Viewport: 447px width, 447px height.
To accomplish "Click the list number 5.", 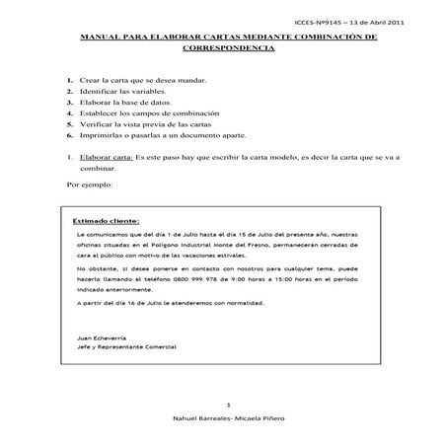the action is click(69, 125).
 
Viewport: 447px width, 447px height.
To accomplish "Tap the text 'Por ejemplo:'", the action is click(90, 185).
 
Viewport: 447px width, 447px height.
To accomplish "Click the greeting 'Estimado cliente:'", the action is click(106, 222).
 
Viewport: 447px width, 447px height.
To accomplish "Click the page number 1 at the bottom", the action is click(228, 405).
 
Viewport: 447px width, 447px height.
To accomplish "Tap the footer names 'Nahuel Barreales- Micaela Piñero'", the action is click(228, 419).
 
